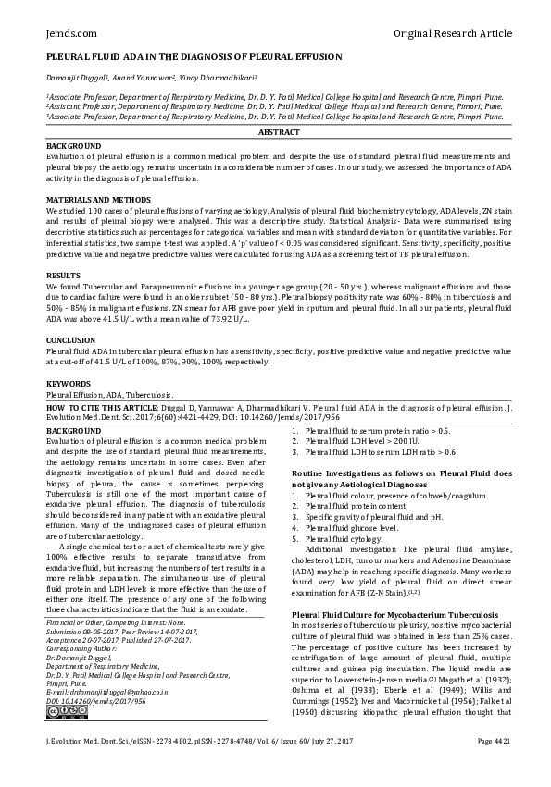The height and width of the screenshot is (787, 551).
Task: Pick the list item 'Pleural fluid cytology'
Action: click(343, 538)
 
